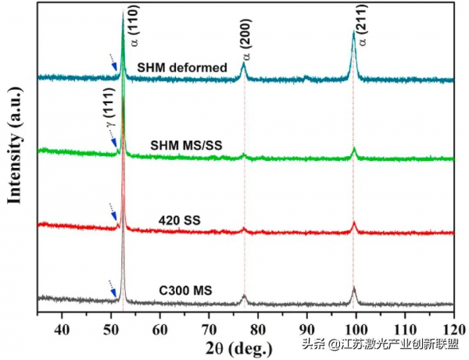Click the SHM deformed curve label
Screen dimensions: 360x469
(181, 67)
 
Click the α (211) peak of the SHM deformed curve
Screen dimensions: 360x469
(353, 35)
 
